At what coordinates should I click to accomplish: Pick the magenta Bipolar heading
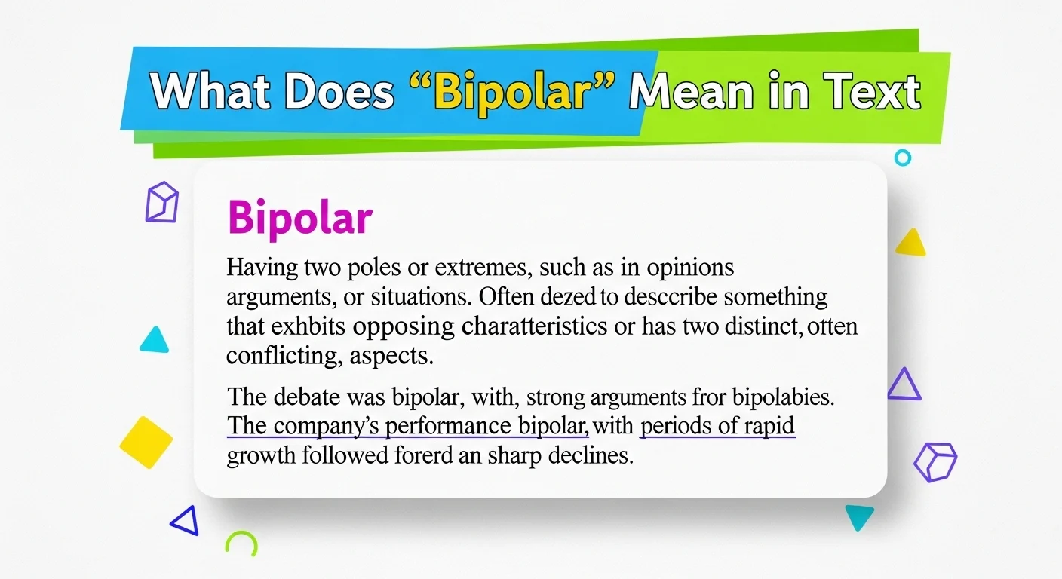pyautogui.click(x=299, y=219)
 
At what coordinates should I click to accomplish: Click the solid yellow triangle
pyautogui.click(x=910, y=243)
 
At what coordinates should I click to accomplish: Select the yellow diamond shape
pyautogui.click(x=146, y=442)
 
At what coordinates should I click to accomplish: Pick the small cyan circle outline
pyautogui.click(x=902, y=158)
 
